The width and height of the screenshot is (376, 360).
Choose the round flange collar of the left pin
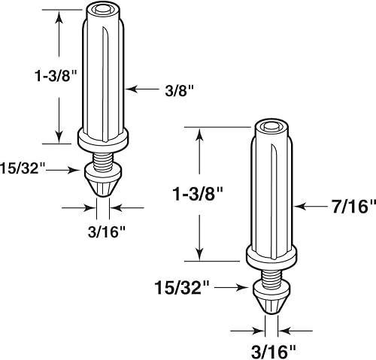click(x=103, y=137)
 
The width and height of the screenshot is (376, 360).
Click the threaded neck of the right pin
click(x=271, y=274)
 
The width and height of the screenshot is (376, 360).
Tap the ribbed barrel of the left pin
click(x=102, y=75)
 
